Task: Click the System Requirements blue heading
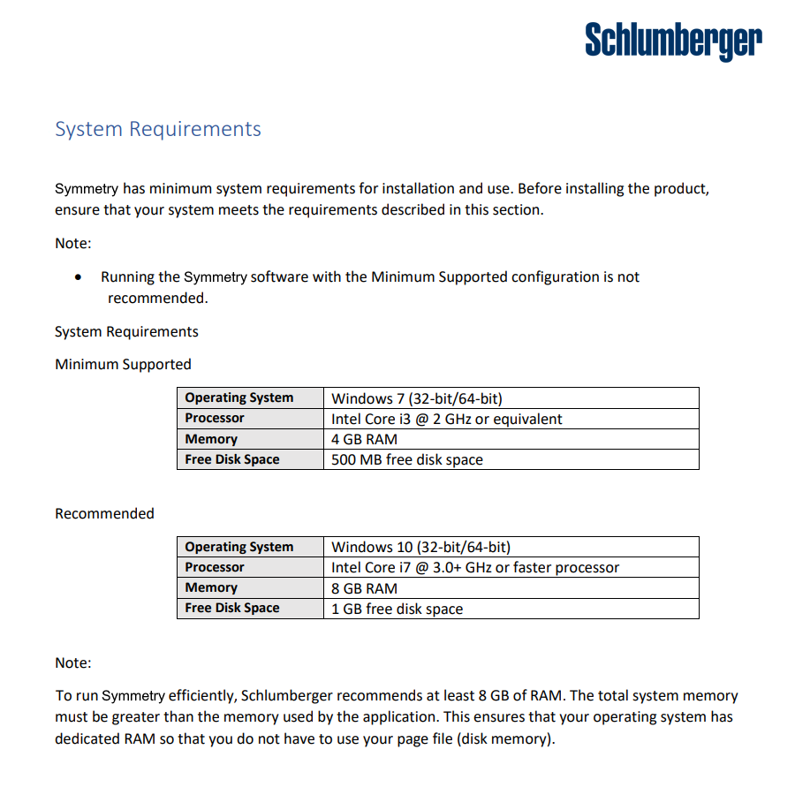pyautogui.click(x=158, y=129)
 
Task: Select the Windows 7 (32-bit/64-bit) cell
pyautogui.click(x=417, y=398)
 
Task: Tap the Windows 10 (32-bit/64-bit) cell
pyautogui.click(x=420, y=547)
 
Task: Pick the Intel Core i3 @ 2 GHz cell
pyautogui.click(x=446, y=419)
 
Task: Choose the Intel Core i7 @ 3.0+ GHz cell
pyautogui.click(x=475, y=567)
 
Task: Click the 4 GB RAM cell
pyautogui.click(x=364, y=439)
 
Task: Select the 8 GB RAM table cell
pyautogui.click(x=364, y=587)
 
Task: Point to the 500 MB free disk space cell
pyautogui.click(x=406, y=459)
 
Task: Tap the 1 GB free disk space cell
pyautogui.click(x=397, y=608)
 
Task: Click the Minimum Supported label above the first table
pyautogui.click(x=123, y=364)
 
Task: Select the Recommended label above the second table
pyautogui.click(x=104, y=513)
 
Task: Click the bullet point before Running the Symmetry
pyautogui.click(x=80, y=277)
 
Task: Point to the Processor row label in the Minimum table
pyautogui.click(x=215, y=418)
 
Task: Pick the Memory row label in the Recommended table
pyautogui.click(x=211, y=587)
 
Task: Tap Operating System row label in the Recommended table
pyautogui.click(x=238, y=547)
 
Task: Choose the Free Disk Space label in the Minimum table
pyautogui.click(x=231, y=459)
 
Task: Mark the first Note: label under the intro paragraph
pyautogui.click(x=73, y=243)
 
